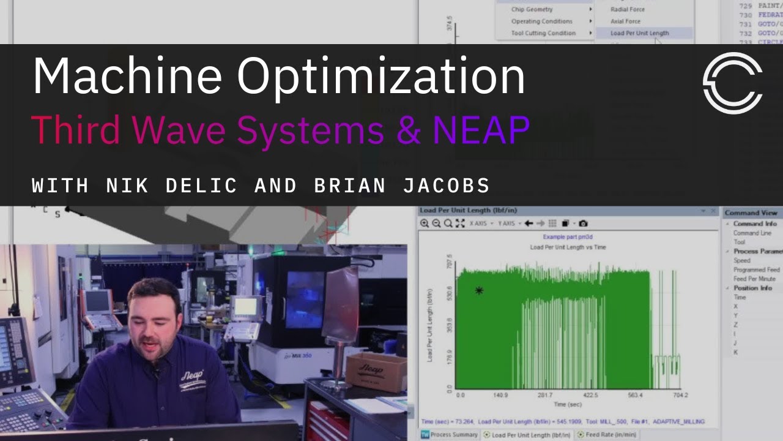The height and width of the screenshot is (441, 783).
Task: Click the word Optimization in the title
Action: click(x=380, y=77)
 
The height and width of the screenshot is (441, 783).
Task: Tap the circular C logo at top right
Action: click(x=732, y=83)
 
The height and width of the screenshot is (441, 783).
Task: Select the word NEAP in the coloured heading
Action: click(x=481, y=130)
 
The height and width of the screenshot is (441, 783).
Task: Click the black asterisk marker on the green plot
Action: click(x=479, y=290)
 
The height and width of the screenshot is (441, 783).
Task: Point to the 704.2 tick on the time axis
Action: click(x=680, y=395)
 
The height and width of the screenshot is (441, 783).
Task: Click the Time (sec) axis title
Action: click(x=568, y=404)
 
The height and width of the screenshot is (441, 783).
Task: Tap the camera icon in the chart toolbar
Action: click(x=583, y=224)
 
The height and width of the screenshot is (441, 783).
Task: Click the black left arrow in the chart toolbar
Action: click(x=529, y=224)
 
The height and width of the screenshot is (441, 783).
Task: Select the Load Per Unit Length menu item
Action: click(x=639, y=33)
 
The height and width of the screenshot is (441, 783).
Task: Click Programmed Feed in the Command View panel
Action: click(x=757, y=269)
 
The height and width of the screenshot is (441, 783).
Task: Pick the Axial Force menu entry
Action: click(x=625, y=21)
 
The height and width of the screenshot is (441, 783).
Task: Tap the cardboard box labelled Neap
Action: click(x=376, y=371)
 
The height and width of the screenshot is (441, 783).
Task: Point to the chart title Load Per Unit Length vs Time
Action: click(x=568, y=247)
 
